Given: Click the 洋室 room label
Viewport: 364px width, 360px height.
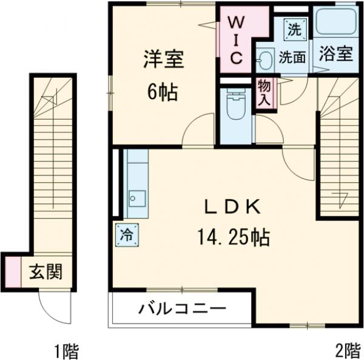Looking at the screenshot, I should [x=163, y=61].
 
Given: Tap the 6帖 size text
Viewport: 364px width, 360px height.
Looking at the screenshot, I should [x=163, y=93].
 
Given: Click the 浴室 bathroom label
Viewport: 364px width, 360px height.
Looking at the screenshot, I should [x=335, y=53].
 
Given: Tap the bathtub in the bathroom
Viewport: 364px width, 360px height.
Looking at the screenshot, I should [x=335, y=22].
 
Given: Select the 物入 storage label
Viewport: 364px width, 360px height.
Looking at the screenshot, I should [x=265, y=93].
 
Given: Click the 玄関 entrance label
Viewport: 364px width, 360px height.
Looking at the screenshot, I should [x=45, y=271].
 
